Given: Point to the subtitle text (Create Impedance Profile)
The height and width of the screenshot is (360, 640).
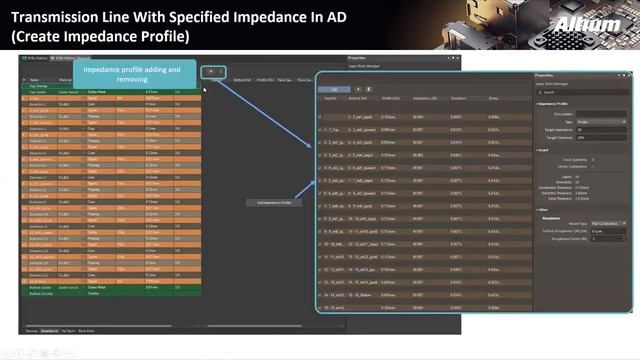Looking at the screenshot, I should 100,36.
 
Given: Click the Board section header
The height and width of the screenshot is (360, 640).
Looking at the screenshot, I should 546,150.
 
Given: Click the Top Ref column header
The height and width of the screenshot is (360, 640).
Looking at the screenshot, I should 331,98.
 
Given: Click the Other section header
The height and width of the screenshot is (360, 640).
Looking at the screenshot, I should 544,210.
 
